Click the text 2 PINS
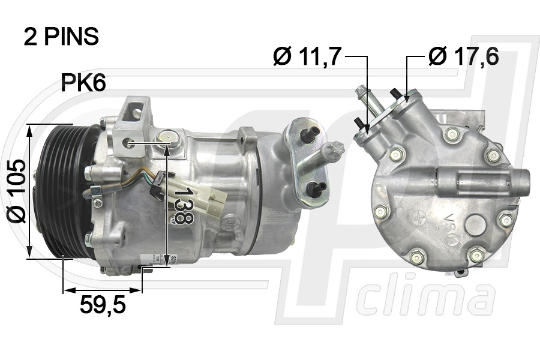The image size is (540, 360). pos(61,37)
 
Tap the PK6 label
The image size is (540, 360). pos(83,83)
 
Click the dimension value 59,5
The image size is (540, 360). pos(103,306)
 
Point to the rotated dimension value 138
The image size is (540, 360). pos(183,205)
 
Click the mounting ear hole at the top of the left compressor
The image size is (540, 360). pos(137,112)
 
